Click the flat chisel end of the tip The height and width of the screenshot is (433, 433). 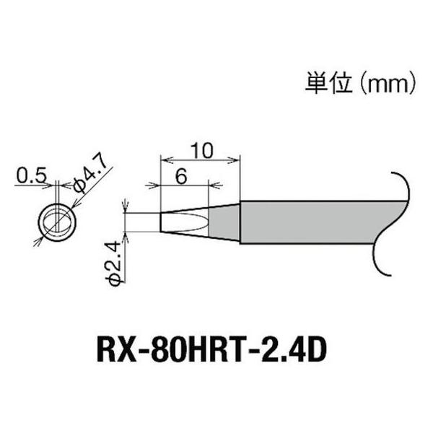160,222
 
